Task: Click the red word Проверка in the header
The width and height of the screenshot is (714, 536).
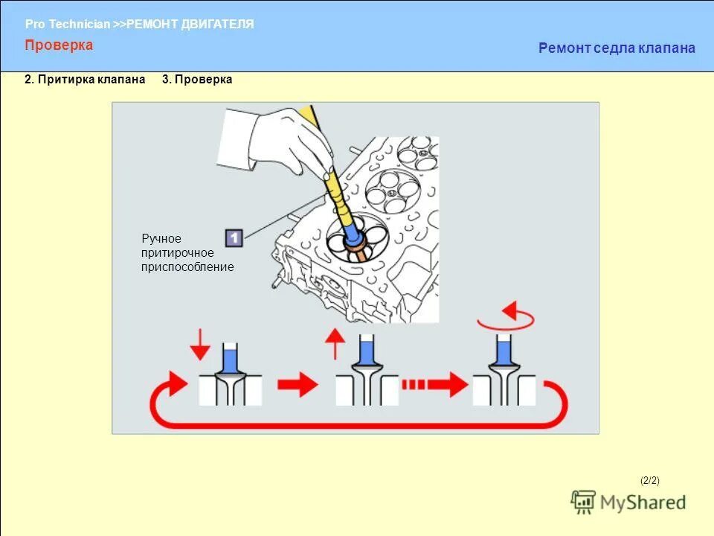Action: (59, 45)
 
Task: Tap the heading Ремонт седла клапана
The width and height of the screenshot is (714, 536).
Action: (617, 48)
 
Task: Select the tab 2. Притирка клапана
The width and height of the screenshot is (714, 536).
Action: (85, 80)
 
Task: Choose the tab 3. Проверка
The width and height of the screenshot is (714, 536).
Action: (197, 80)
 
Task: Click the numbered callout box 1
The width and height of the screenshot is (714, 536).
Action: (234, 237)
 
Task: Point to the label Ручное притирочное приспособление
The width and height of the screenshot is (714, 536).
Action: (187, 252)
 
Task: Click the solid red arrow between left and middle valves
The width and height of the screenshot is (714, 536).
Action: (297, 385)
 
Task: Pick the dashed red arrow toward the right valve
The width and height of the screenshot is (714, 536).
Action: (431, 385)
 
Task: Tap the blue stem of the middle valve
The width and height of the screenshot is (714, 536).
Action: (366, 351)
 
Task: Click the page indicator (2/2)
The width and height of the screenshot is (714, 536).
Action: (649, 480)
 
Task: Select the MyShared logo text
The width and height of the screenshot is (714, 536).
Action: (643, 502)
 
